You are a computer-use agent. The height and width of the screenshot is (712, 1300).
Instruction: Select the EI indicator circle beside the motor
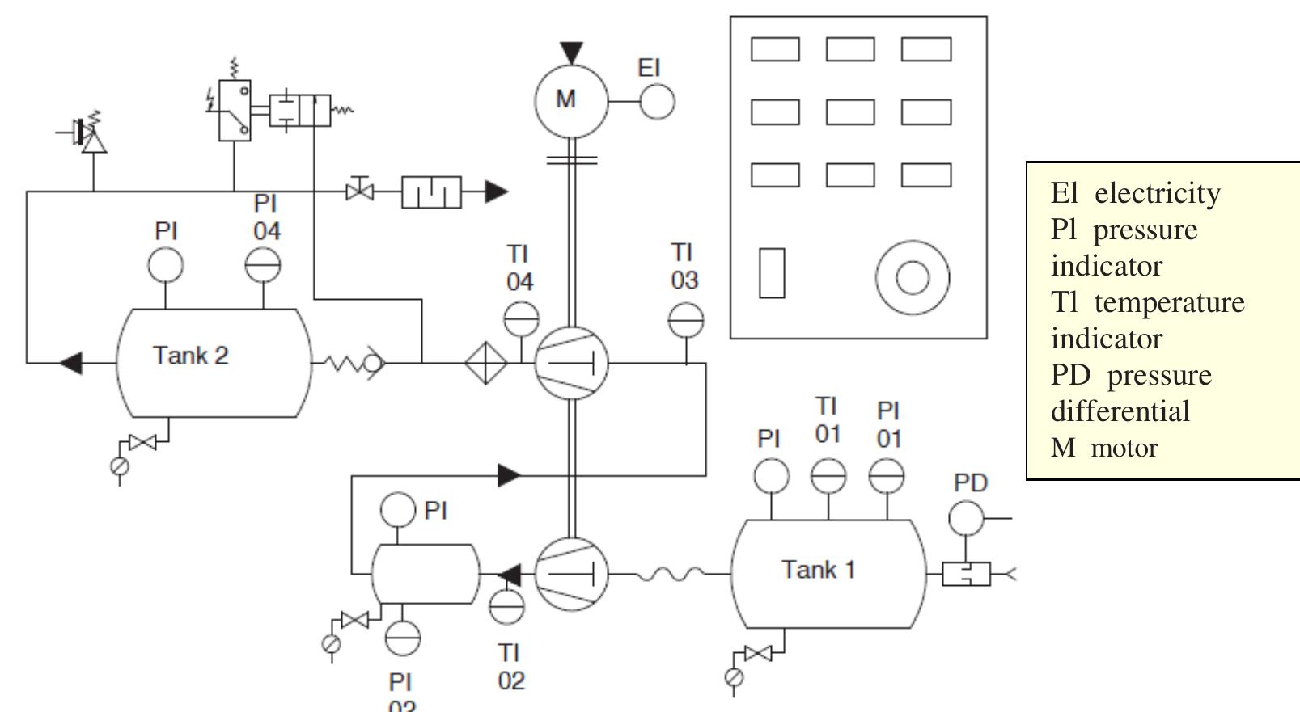(657, 102)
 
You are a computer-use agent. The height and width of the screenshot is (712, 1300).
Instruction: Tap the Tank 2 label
(191, 356)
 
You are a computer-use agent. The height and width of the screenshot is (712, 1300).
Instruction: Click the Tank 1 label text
(818, 570)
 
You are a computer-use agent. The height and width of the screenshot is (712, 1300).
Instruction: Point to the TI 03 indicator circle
(686, 321)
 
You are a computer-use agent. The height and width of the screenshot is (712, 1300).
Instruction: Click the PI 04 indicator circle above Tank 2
(263, 265)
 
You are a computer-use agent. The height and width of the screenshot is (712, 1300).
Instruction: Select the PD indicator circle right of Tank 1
(966, 518)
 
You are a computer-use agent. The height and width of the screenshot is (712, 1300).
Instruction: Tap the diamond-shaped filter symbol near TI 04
(485, 364)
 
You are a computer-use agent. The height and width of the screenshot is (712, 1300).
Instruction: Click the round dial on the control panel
(913, 277)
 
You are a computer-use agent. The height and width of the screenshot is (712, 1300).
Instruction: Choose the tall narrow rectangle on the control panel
(772, 273)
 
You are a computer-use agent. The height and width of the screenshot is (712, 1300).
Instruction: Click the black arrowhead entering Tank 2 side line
(71, 363)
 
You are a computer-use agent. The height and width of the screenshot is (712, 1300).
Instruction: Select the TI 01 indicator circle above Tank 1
(828, 476)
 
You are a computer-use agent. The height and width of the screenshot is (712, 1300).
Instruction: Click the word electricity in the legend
(1157, 194)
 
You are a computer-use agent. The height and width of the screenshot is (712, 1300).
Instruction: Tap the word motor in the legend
(1124, 448)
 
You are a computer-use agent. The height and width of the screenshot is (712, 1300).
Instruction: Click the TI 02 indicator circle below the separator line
(507, 607)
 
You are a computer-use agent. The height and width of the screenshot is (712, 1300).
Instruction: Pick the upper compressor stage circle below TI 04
(571, 364)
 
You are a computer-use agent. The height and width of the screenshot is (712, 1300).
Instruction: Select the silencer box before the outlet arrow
(431, 192)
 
